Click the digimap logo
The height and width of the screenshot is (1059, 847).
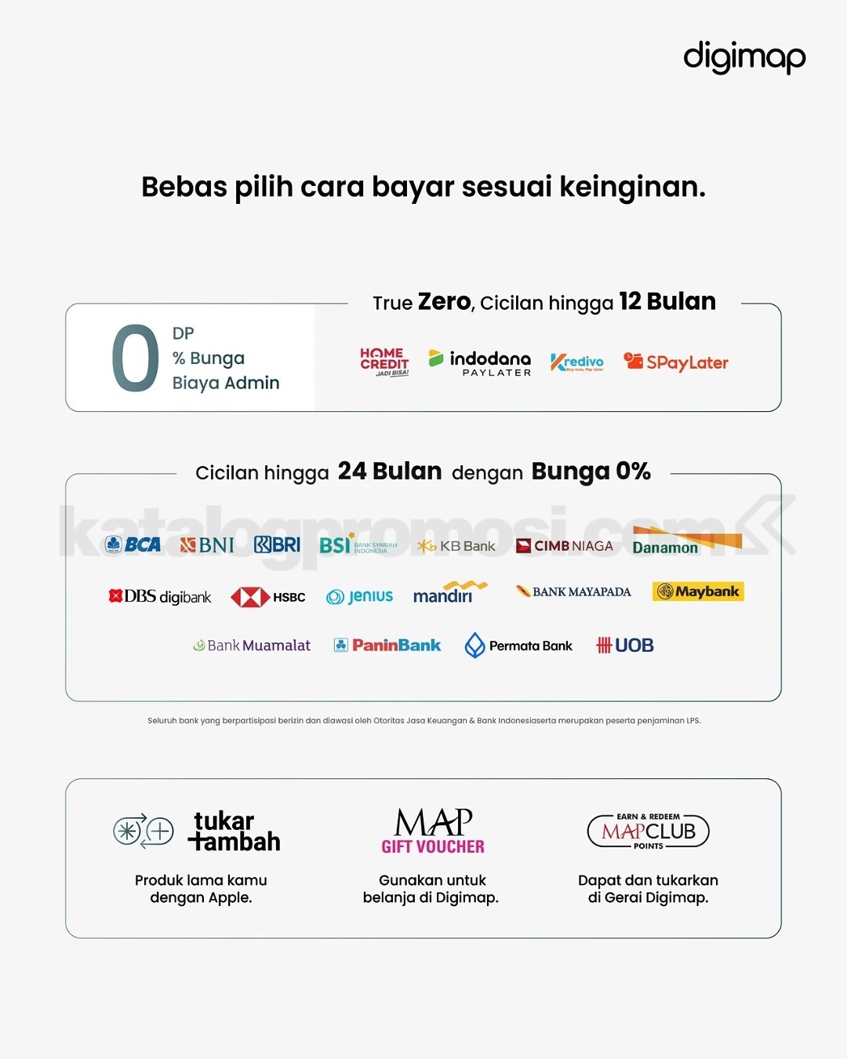744,57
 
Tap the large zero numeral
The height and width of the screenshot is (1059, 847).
135,358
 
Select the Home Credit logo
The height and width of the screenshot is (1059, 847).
384,362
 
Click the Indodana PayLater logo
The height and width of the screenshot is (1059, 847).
480,362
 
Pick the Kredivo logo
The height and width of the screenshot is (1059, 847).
577,362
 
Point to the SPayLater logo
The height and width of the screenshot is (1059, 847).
676,362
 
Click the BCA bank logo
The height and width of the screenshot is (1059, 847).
133,544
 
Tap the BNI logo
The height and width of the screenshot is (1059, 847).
207,544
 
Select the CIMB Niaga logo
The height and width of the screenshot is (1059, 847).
565,546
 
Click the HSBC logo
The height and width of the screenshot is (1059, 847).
268,597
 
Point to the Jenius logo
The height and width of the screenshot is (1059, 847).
360,596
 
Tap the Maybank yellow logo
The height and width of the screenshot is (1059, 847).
698,591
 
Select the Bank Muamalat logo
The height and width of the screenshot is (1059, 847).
252,646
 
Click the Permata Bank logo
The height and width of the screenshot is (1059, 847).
518,646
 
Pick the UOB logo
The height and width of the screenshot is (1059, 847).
625,646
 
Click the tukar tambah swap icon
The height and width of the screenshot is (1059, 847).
144,831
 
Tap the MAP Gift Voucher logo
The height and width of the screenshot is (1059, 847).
433,831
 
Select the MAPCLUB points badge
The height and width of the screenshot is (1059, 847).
649,831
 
